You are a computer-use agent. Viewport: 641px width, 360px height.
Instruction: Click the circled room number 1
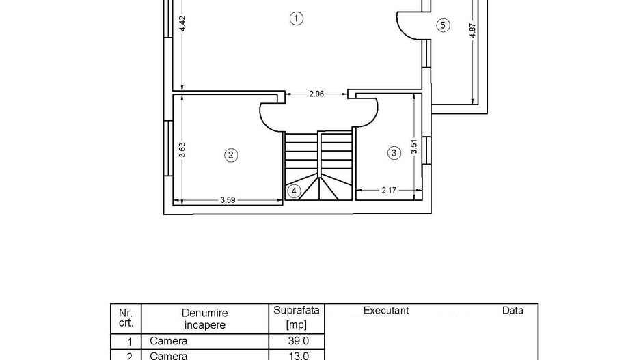(x=296, y=18)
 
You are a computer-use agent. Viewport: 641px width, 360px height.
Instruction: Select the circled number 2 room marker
(x=231, y=155)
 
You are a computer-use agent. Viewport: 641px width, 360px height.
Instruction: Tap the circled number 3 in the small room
(x=394, y=153)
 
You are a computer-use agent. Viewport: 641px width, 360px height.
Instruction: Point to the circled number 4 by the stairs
(x=294, y=191)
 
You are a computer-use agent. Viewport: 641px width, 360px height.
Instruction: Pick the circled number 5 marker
(x=443, y=25)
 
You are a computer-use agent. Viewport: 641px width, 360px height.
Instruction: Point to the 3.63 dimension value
(x=182, y=150)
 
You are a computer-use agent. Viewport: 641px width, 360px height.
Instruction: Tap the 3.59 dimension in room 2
(x=229, y=200)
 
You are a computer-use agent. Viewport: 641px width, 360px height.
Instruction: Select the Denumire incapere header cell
(x=204, y=319)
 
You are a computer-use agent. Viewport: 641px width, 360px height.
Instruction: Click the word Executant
(x=386, y=311)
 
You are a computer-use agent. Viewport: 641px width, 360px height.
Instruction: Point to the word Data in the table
(x=513, y=311)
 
